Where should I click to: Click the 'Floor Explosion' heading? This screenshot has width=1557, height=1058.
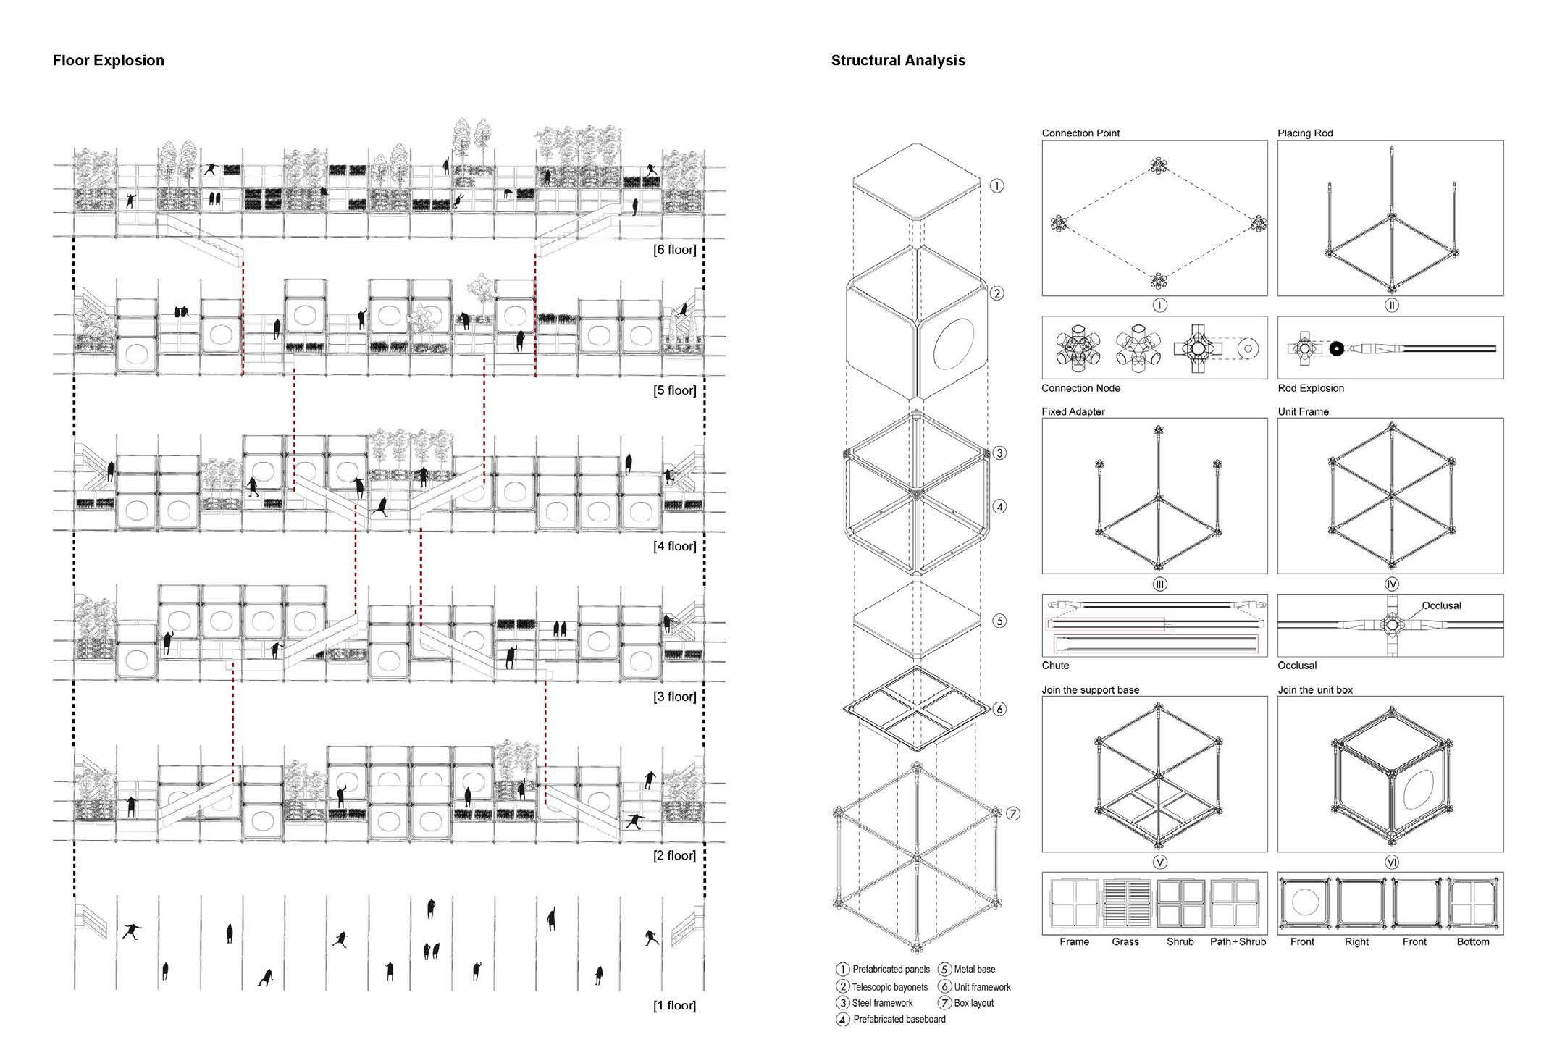[109, 60]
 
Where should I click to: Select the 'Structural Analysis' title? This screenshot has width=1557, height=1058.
[898, 60]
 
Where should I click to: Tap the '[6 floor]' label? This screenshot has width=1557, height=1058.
[674, 250]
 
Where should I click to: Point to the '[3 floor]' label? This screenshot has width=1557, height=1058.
[674, 697]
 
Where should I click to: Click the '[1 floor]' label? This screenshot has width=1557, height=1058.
[674, 1005]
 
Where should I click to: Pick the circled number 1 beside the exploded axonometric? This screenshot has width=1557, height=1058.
[997, 186]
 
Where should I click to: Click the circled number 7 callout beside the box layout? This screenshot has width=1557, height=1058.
[1013, 813]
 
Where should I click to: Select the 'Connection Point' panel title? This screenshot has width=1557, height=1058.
[1080, 133]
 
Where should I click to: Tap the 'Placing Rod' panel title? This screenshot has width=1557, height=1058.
[1305, 133]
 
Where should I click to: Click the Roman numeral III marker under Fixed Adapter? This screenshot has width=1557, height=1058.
[1159, 584]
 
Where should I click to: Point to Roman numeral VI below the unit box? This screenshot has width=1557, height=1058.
[1391, 862]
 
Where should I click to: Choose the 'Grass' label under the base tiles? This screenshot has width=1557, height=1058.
[1125, 941]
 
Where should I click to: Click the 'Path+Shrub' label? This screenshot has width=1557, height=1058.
[1238, 941]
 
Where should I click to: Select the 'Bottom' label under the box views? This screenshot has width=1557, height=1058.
[1473, 941]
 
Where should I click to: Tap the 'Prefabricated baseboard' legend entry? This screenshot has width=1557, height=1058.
[899, 1020]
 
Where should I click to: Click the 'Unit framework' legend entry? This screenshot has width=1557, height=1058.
[982, 987]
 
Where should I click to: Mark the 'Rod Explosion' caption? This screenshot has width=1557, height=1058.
[1311, 388]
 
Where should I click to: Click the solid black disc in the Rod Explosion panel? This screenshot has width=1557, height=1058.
[1337, 349]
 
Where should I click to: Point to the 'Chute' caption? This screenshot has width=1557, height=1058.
[1055, 666]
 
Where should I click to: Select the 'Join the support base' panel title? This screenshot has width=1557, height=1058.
[1090, 690]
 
